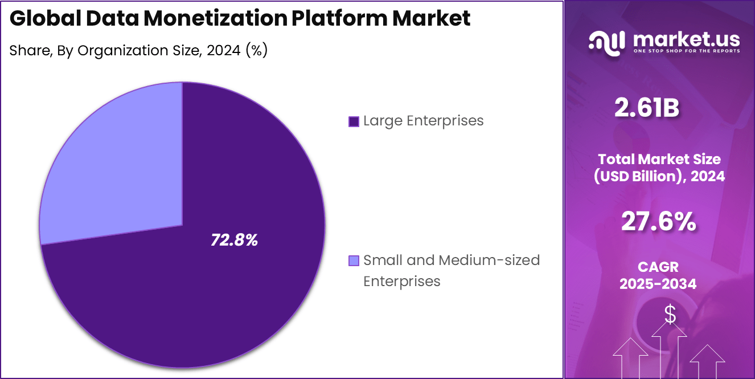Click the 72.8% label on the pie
234,241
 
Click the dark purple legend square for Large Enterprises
353,121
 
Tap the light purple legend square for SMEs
353,261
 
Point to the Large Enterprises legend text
423,121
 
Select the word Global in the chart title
46,19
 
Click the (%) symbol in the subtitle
256,51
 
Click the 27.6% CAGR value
659,222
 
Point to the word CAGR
659,267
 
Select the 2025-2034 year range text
659,283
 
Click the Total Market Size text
659,160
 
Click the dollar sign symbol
670,314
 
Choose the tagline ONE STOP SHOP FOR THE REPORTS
686,51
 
